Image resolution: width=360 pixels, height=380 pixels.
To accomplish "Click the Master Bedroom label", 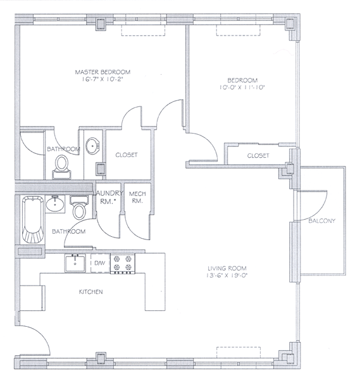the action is (x=102, y=72).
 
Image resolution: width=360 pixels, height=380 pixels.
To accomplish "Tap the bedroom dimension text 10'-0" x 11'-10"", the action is (x=242, y=87).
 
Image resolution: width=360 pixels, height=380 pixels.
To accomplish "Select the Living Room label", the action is (x=227, y=269).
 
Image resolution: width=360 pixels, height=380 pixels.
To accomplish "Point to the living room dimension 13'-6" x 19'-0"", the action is (x=227, y=275).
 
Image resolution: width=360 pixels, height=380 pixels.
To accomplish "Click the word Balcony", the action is (x=322, y=221).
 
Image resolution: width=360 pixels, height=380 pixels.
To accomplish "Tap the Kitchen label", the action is (x=90, y=292).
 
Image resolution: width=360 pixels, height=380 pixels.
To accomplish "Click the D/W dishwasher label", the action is (x=99, y=263).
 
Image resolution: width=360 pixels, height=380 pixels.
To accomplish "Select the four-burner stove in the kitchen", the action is (x=123, y=263).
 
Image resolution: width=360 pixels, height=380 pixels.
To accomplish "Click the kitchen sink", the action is (x=75, y=263).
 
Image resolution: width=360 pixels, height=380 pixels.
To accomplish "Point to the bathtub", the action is (x=33, y=220).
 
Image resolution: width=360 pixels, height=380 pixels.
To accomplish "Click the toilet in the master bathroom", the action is (x=61, y=167).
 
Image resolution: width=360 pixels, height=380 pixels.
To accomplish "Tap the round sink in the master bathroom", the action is (x=93, y=146).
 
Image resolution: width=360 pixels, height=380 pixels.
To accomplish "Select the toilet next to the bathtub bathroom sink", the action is (x=80, y=208).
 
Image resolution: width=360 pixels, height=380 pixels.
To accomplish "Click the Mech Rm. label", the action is (x=137, y=197).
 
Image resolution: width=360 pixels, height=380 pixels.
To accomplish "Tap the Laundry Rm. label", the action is (x=108, y=197).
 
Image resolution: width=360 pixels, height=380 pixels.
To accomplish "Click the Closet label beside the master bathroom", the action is (x=127, y=155).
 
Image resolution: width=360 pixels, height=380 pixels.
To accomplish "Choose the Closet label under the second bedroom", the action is (x=258, y=156).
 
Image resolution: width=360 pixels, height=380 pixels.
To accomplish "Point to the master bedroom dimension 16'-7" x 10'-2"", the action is (x=102, y=79).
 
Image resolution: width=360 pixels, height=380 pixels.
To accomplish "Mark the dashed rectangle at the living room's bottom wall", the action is (x=239, y=352).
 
